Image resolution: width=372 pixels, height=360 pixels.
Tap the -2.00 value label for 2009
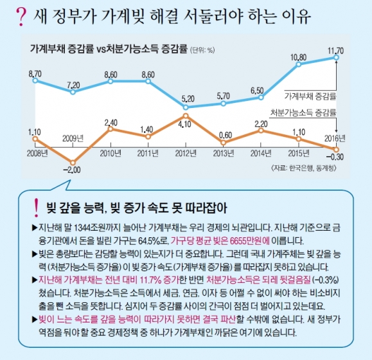coord(72,170)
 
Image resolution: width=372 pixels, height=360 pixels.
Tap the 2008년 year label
coord(37,152)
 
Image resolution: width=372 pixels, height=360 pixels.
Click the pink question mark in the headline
coord(18,14)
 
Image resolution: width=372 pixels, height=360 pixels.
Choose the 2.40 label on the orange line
coord(111,122)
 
